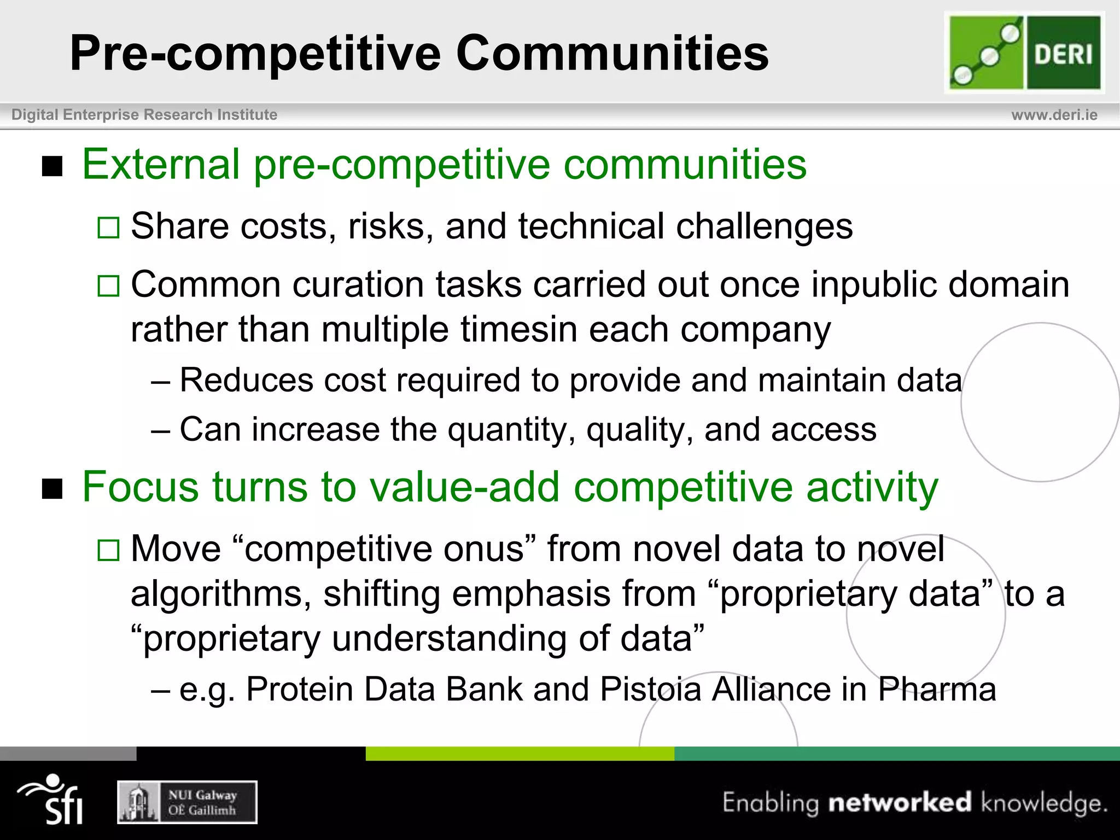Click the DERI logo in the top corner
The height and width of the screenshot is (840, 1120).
click(x=1024, y=52)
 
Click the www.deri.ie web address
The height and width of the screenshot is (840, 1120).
click(x=1054, y=115)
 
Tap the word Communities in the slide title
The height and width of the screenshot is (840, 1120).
click(x=612, y=53)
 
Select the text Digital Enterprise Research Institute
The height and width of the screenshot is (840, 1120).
click(x=144, y=115)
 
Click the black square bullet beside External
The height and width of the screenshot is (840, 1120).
click(x=52, y=166)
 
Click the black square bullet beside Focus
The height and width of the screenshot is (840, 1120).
click(x=52, y=489)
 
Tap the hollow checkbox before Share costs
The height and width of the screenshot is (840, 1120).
click(x=108, y=227)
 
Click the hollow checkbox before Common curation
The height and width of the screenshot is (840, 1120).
click(x=108, y=286)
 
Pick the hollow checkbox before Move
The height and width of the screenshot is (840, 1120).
click(x=108, y=550)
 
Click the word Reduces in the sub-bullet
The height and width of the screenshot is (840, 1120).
click(x=246, y=380)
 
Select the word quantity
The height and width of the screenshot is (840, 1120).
click(x=511, y=430)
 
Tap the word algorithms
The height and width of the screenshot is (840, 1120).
click(x=220, y=594)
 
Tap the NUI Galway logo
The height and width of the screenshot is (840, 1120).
click(x=187, y=802)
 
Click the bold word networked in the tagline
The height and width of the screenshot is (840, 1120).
click(x=900, y=802)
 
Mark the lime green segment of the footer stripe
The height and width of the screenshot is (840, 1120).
click(x=520, y=754)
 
